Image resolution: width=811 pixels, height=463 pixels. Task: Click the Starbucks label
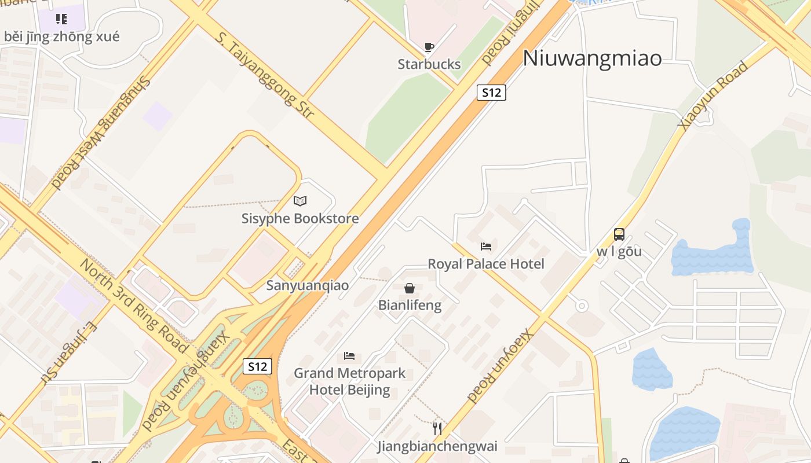(429, 64)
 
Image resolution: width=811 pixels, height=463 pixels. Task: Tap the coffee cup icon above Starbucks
(429, 47)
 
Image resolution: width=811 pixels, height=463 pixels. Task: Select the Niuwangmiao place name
(592, 58)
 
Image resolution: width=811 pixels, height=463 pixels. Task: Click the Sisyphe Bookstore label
(300, 219)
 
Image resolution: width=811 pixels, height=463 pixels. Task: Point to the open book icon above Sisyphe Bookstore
(300, 201)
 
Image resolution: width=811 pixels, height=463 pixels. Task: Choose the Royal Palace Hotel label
(486, 264)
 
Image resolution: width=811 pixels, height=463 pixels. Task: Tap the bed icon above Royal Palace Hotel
(486, 247)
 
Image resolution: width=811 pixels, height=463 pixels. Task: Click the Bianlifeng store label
(410, 305)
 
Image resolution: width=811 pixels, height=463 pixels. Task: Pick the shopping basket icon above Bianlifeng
(410, 288)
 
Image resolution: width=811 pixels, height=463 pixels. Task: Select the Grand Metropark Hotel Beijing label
(349, 381)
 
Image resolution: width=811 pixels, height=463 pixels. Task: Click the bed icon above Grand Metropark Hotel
(349, 355)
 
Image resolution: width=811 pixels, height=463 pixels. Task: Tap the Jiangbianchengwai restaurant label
(437, 446)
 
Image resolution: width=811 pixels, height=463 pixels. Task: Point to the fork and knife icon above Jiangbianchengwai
(437, 429)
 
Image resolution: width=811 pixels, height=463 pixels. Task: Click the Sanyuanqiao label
(308, 285)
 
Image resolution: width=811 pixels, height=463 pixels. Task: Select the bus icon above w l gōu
(619, 234)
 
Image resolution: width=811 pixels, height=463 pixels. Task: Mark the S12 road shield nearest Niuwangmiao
(491, 93)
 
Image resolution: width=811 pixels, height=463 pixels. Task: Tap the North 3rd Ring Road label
(133, 306)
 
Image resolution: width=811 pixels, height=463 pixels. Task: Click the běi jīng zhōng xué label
(62, 37)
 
